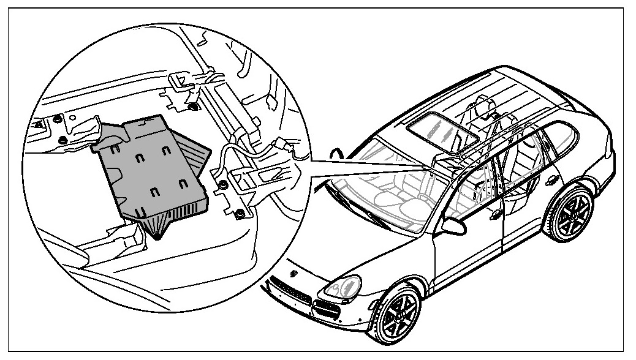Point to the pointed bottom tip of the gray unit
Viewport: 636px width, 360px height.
[x=159, y=236]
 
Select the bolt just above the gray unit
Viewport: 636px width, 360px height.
[x=194, y=108]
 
